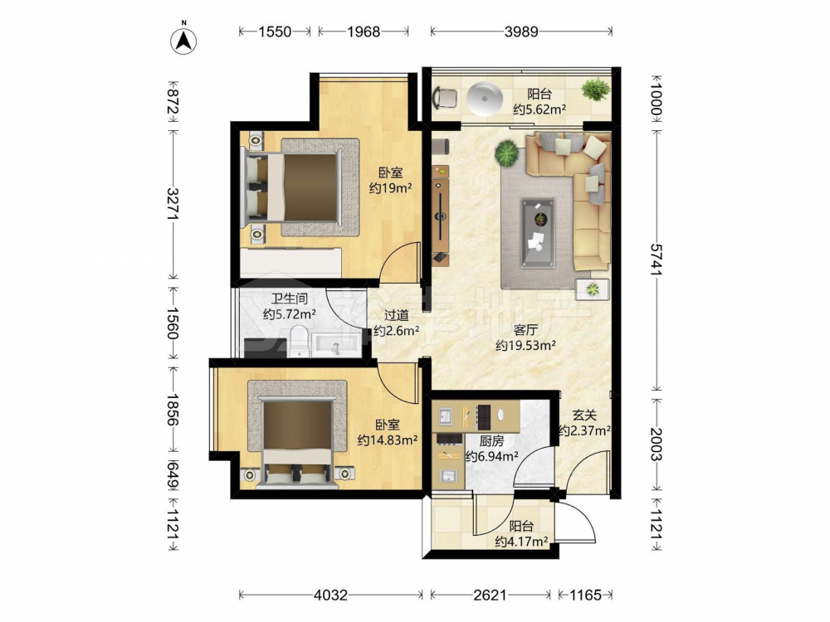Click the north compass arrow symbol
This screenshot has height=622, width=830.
[183, 40]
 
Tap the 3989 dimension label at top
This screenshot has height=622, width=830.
[521, 32]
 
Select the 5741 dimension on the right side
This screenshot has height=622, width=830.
[657, 259]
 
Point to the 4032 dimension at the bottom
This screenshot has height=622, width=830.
[331, 595]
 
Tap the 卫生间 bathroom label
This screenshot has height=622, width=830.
[290, 299]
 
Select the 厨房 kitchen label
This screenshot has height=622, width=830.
[491, 440]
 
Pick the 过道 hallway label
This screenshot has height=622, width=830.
[397, 316]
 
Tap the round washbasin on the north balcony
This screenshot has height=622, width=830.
[484, 98]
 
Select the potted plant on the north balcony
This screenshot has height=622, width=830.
[596, 89]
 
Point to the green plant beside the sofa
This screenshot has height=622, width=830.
[506, 153]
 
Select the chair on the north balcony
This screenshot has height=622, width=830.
[445, 98]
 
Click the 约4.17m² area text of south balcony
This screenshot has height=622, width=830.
[521, 542]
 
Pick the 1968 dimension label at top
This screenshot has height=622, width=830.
[364, 32]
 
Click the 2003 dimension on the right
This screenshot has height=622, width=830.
[657, 445]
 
